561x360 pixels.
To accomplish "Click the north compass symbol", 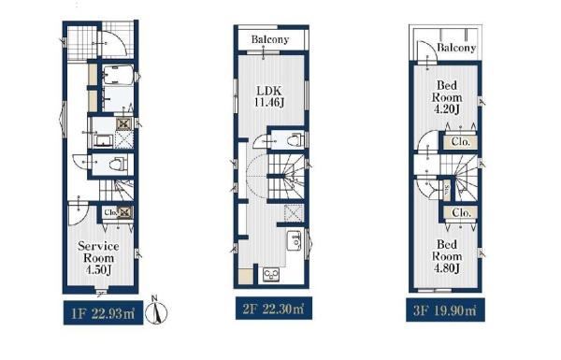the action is tap(156, 310).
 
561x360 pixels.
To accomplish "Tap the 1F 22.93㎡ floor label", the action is tap(103, 314).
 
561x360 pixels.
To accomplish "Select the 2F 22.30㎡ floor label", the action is tap(274, 309).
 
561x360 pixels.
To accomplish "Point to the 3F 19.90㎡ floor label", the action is tap(445, 310).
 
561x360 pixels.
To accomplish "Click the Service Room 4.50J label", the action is tap(98, 258).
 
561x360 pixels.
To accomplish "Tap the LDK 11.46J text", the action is tap(269, 96).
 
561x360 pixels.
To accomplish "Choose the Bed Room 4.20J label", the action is tap(447, 97).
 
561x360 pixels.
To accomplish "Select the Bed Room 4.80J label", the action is tap(447, 256).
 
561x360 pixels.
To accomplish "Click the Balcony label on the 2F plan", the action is tap(270, 39).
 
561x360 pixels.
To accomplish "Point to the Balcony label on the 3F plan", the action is tap(456, 48).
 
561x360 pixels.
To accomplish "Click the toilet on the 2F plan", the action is tap(295, 140).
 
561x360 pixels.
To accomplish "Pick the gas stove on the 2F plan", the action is tap(271, 275).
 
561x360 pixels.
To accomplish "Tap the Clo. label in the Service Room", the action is tap(110, 212).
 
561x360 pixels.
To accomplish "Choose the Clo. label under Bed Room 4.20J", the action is tap(460, 142).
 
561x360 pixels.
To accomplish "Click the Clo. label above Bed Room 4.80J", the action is tap(461, 212).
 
